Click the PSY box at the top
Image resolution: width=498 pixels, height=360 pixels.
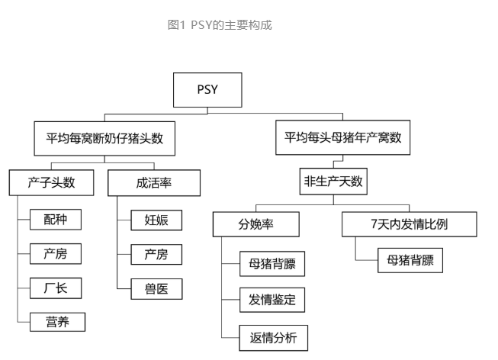(x=207, y=90)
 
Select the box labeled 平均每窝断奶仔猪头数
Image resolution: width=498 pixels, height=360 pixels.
(x=105, y=139)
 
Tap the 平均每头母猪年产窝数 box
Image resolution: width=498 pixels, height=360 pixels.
(x=343, y=139)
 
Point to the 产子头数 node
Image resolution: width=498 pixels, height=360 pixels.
(x=52, y=183)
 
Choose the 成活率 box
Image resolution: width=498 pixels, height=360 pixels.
(x=153, y=183)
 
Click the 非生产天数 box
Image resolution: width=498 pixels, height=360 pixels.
(x=335, y=183)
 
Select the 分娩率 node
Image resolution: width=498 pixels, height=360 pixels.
(x=255, y=225)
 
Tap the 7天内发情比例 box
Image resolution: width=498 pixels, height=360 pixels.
(x=409, y=225)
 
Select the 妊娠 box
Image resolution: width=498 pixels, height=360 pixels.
(x=156, y=220)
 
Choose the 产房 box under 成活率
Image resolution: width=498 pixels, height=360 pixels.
(x=156, y=254)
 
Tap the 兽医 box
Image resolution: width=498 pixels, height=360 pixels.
(x=156, y=288)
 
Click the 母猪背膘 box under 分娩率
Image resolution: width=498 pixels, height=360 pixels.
(x=272, y=265)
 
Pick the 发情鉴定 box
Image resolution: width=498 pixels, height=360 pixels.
(x=272, y=300)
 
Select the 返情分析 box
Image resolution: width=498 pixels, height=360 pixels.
(x=272, y=336)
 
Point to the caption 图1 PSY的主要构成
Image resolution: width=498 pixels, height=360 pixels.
(x=220, y=25)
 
